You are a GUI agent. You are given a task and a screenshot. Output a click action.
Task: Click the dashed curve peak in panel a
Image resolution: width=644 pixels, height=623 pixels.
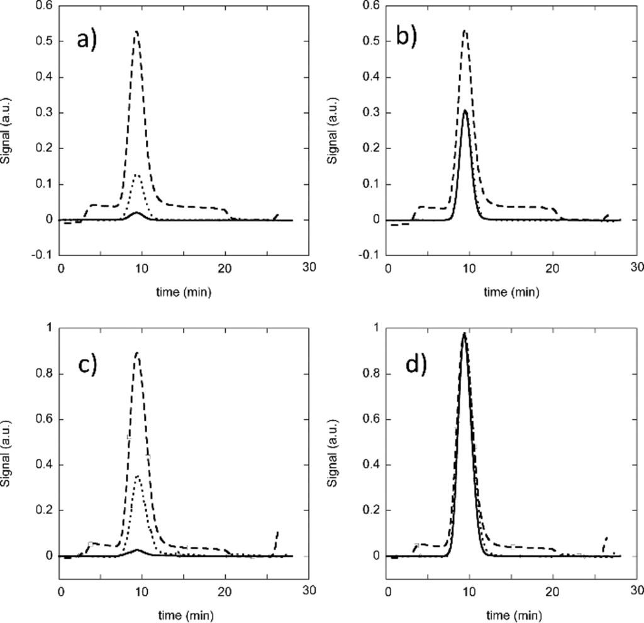click(136, 31)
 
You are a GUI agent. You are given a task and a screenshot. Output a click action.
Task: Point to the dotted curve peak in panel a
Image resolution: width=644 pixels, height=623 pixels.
click(137, 175)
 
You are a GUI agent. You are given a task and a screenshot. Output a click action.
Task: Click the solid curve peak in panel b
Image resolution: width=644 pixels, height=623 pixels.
click(465, 111)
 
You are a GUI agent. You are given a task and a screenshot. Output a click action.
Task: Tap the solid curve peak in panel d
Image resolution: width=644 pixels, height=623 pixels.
click(464, 333)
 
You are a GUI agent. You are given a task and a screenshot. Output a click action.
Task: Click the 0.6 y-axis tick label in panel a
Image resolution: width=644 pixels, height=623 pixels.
click(42, 6)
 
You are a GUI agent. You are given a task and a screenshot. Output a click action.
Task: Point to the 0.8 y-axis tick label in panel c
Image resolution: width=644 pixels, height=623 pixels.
click(42, 375)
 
